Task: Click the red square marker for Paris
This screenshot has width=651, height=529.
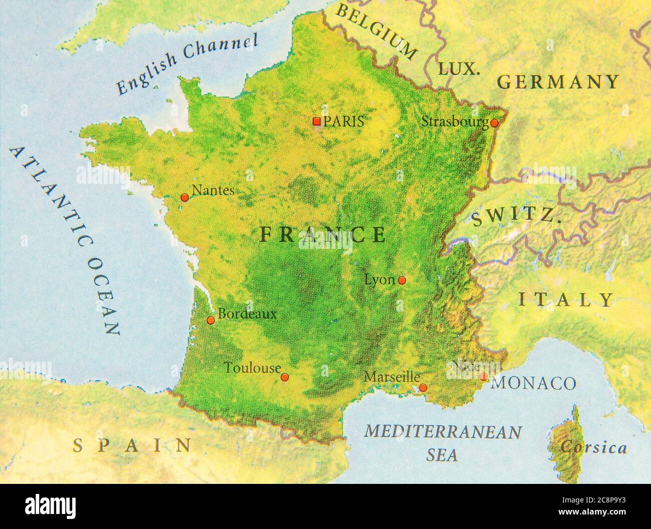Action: pyautogui.click(x=316, y=121)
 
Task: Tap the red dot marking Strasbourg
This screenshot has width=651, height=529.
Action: pyautogui.click(x=494, y=123)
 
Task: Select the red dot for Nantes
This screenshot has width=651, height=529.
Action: pyautogui.click(x=184, y=198)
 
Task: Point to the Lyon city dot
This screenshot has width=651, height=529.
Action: pyautogui.click(x=402, y=280)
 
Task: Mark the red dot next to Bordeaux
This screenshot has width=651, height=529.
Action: pyautogui.click(x=211, y=320)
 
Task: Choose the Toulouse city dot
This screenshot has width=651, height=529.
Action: pyautogui.click(x=284, y=377)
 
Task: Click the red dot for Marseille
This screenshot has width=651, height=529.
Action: pyautogui.click(x=423, y=387)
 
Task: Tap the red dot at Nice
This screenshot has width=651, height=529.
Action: pyautogui.click(x=483, y=376)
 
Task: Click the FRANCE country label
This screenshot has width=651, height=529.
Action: pyautogui.click(x=323, y=234)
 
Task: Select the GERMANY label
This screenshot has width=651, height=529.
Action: pyautogui.click(x=558, y=82)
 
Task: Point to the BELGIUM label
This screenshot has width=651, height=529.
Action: pyautogui.click(x=376, y=31)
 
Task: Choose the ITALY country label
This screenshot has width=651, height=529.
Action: pyautogui.click(x=565, y=300)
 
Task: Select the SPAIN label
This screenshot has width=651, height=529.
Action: pyautogui.click(x=132, y=445)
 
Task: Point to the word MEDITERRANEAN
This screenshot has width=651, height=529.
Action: pyautogui.click(x=443, y=432)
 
